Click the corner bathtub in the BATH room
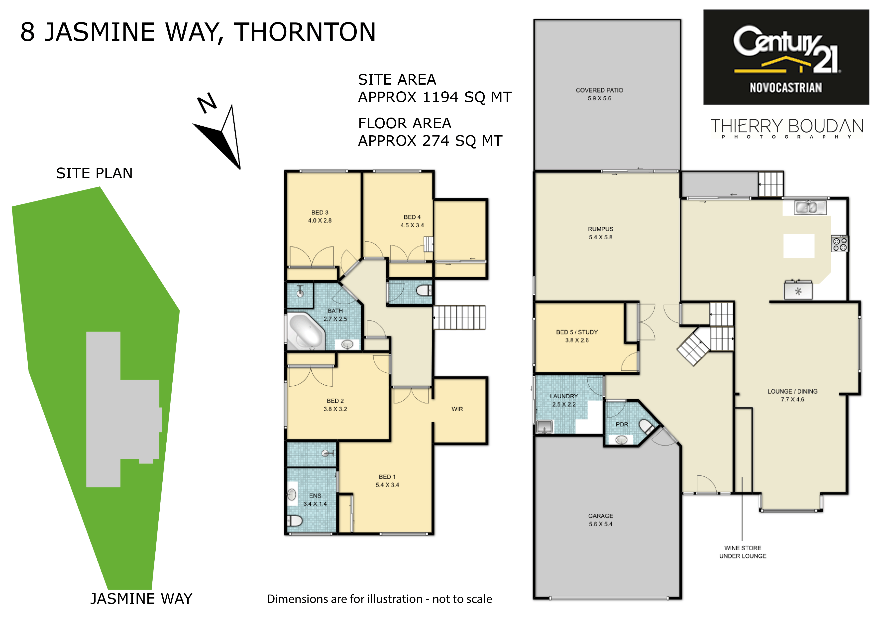point(306,331)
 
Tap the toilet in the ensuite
point(295,520)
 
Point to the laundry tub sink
point(544,426)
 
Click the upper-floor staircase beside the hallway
point(459,317)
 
